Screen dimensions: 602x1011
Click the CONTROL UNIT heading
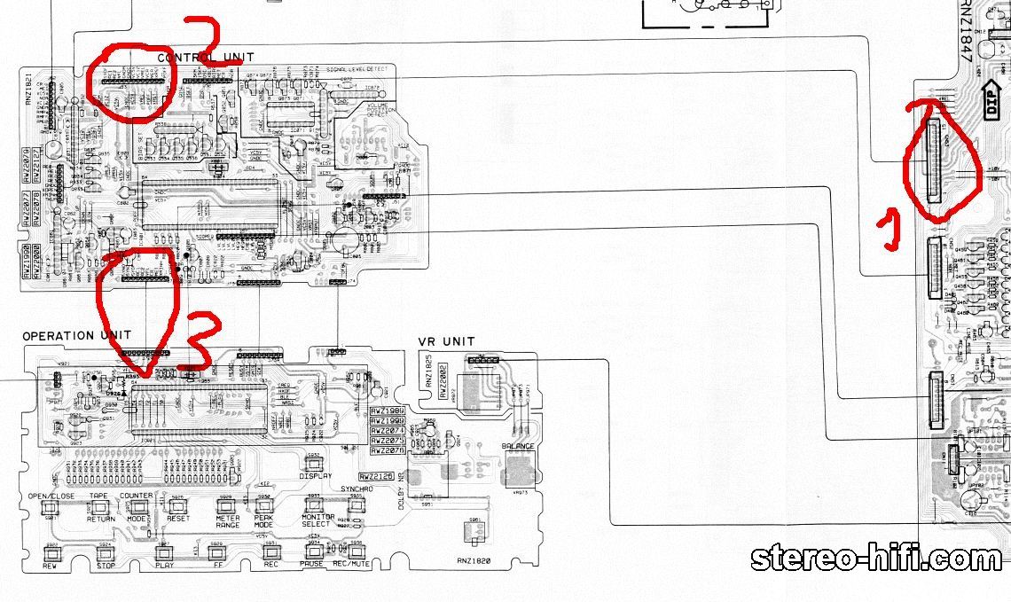(x=200, y=58)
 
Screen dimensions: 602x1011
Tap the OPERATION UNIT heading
(x=76, y=336)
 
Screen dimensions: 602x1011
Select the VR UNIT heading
(x=446, y=342)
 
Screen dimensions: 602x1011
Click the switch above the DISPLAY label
(x=313, y=460)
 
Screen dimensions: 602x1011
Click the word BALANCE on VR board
(x=518, y=447)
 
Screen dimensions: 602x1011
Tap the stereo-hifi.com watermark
(x=876, y=559)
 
